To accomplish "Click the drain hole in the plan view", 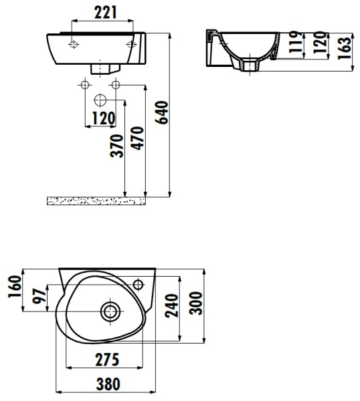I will coord(110,310).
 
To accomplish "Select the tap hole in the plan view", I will coord(139,285).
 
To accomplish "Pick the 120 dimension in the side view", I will coord(319,44).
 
